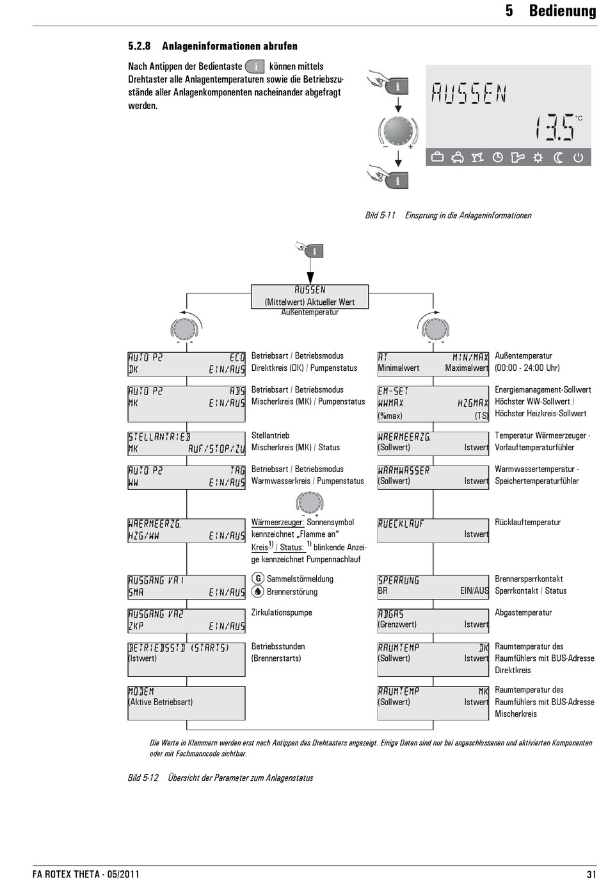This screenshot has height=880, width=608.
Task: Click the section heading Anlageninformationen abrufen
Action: coord(229,46)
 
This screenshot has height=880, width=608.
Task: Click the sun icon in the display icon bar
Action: coord(538,158)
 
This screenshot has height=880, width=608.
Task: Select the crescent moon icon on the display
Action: coord(558,158)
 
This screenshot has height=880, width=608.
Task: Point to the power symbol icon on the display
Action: coord(579,158)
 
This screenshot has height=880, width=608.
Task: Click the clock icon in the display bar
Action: coord(497,158)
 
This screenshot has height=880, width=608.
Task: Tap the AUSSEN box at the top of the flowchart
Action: coord(310,296)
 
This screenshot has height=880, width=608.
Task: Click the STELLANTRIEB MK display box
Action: coord(186,443)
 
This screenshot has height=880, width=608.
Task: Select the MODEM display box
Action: coord(186,703)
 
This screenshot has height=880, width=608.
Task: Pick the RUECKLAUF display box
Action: coord(433,530)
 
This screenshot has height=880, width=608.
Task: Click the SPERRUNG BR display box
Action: coord(433,585)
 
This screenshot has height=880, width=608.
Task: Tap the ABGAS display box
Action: coord(433,619)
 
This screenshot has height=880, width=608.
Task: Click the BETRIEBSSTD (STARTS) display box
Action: coord(186,659)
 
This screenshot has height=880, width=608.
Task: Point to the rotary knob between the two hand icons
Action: coord(398,131)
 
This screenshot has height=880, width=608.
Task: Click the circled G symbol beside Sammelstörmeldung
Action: coord(258,578)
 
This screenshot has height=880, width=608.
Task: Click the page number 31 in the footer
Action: coord(591,874)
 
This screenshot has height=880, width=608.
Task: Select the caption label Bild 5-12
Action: coord(143,778)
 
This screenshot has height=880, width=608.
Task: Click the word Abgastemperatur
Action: coord(523,613)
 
